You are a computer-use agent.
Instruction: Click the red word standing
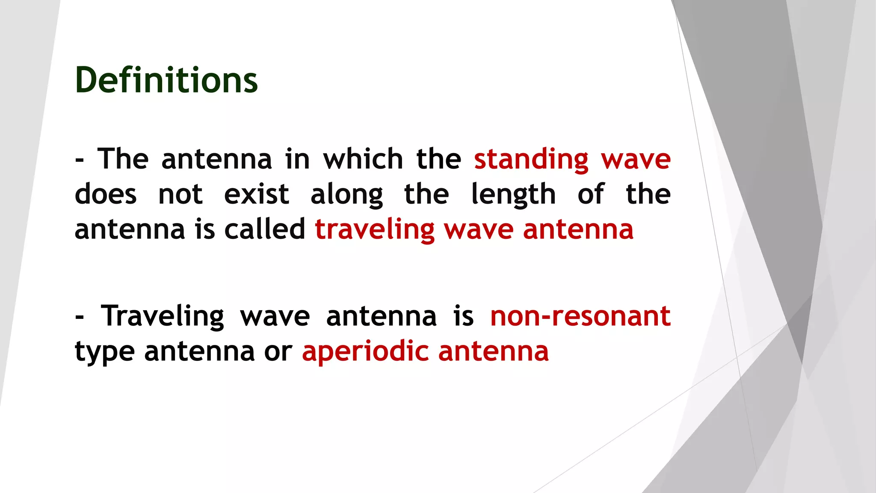point(531,159)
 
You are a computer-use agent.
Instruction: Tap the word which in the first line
point(363,159)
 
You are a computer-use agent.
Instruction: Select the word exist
point(257,194)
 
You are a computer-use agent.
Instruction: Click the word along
point(346,195)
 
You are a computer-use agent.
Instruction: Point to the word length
point(513,194)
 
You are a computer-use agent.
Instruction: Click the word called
point(265,229)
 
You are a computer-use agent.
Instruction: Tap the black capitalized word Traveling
point(162,317)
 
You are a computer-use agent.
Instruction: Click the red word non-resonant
point(580,317)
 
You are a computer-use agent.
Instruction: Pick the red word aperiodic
point(365,352)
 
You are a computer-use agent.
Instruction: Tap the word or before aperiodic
point(278,352)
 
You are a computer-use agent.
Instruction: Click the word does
point(106,194)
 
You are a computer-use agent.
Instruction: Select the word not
point(180,195)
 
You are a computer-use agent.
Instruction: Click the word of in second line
point(591,194)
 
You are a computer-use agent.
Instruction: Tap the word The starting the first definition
point(123,159)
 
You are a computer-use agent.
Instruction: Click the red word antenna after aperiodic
point(493,352)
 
